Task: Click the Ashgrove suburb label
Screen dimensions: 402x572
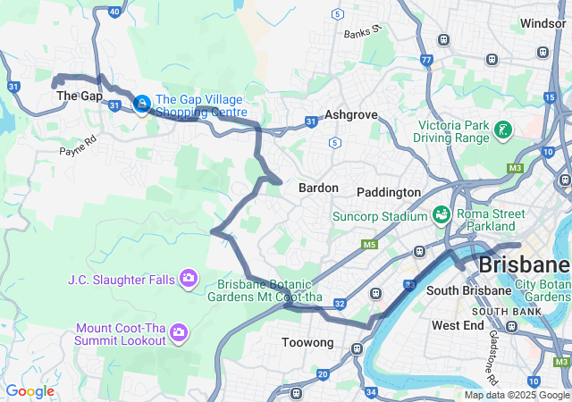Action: click(x=351, y=115)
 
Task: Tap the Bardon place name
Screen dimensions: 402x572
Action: click(x=318, y=188)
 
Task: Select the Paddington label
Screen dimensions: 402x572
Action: click(x=388, y=192)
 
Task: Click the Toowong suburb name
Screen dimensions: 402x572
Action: click(x=307, y=342)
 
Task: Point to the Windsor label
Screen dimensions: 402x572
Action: click(x=543, y=23)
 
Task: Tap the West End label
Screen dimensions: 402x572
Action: click(x=458, y=325)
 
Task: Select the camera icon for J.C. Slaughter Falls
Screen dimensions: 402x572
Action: click(x=189, y=280)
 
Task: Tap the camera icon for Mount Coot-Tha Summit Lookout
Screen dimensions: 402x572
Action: click(x=179, y=333)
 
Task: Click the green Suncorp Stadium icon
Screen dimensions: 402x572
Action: click(x=441, y=215)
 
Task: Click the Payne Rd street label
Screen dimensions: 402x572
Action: click(x=78, y=145)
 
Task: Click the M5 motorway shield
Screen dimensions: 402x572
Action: click(x=369, y=244)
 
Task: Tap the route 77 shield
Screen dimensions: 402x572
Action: click(x=426, y=60)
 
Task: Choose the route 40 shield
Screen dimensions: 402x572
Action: click(x=114, y=12)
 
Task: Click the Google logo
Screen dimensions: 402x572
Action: click(x=29, y=391)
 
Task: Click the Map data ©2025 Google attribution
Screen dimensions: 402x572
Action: click(x=517, y=395)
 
